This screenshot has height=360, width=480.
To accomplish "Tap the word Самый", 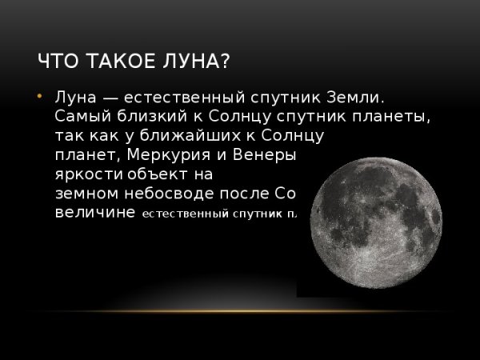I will (x=78, y=118).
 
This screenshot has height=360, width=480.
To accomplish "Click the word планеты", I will (x=397, y=118).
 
